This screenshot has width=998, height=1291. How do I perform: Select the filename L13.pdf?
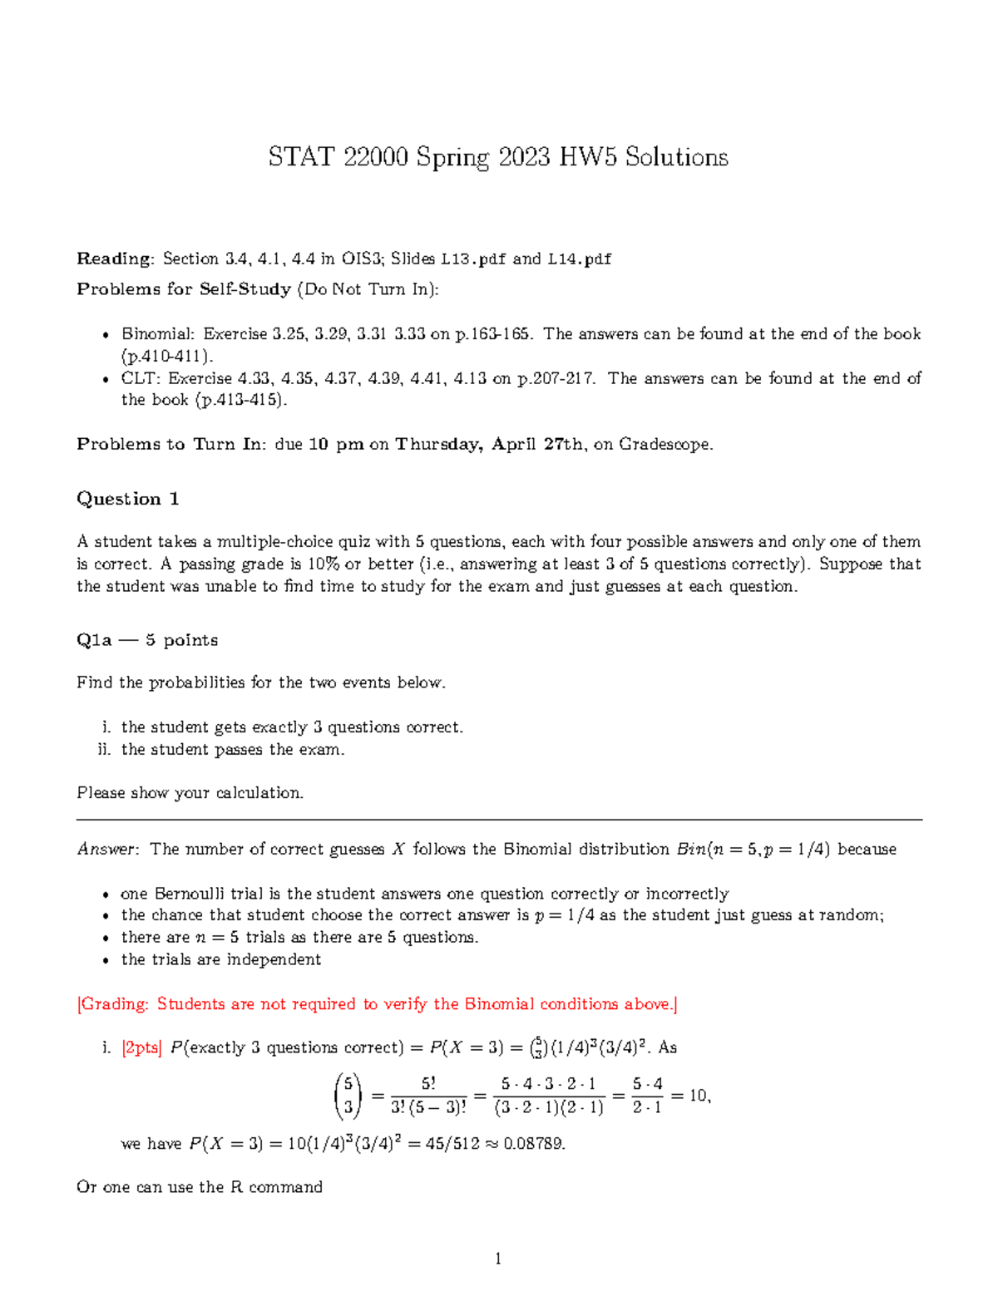coord(473,259)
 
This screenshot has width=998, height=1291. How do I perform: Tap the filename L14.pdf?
coord(579,259)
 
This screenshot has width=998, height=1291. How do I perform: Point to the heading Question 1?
coord(128,499)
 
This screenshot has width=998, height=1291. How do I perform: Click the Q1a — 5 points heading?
coord(147,640)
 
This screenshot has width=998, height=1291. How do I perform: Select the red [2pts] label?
coord(142,1047)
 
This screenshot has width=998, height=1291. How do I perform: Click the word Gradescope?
coord(665,444)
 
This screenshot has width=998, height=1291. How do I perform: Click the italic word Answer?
coord(106,849)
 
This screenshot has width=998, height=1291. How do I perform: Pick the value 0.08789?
coord(534,1143)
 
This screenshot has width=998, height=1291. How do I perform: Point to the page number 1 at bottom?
coord(498,1259)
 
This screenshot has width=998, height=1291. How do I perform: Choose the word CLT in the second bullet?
coord(140,378)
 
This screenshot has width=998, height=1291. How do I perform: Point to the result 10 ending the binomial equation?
coord(698,1096)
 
